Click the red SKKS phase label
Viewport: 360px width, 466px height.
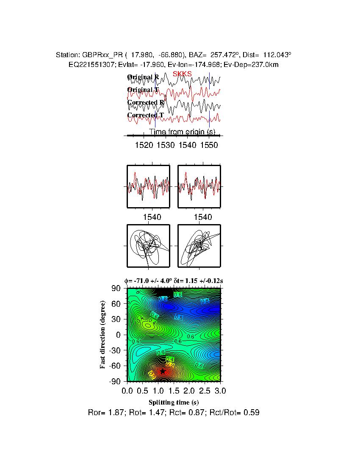pyautogui.click(x=182, y=74)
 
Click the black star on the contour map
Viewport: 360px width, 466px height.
pyautogui.click(x=163, y=372)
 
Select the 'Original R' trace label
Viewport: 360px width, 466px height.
pyautogui.click(x=143, y=77)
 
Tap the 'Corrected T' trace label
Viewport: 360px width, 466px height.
pyautogui.click(x=145, y=115)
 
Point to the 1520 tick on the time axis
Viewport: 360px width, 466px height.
pyautogui.click(x=144, y=145)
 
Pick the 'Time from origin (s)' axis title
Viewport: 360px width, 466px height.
pyautogui.click(x=182, y=132)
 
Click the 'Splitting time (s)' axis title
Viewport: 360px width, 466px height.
pyautogui.click(x=174, y=402)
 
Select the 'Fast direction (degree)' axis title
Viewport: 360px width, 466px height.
pyautogui.click(x=103, y=335)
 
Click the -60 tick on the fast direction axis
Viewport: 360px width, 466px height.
pyautogui.click(x=115, y=366)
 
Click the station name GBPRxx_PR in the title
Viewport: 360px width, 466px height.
pyautogui.click(x=101, y=55)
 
